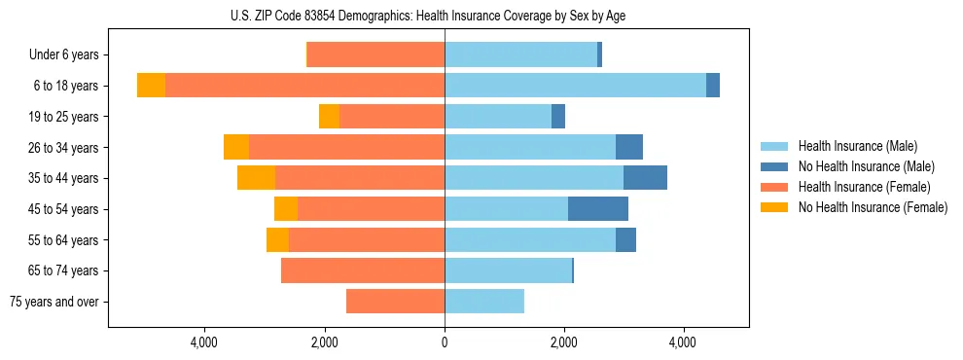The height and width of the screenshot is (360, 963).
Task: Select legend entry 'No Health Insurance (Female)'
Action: coord(872,207)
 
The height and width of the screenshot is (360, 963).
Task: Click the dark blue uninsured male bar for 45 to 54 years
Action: coord(598,209)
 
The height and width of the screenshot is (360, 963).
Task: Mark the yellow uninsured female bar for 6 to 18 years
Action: coord(151,86)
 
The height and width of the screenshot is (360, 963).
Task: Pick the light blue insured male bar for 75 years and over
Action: coord(484,302)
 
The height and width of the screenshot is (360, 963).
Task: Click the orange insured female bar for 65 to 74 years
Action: coord(363,270)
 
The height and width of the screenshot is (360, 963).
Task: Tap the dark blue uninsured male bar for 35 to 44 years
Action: coord(645,178)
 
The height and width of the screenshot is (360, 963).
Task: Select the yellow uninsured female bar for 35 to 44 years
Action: coord(256,178)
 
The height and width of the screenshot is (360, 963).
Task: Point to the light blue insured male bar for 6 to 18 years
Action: coord(575,86)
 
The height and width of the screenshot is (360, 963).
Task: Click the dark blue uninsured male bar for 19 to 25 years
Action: coord(558,117)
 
